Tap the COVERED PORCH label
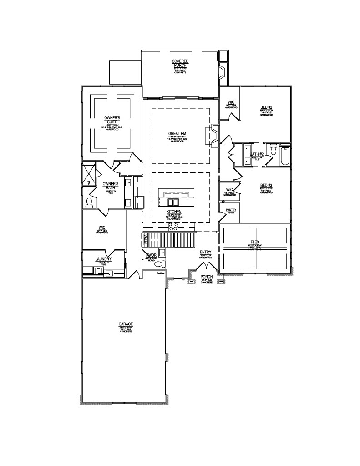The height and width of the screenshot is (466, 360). tap(180, 63)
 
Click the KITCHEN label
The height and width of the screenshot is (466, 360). tap(174, 212)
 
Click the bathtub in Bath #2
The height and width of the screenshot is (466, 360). tap(285, 156)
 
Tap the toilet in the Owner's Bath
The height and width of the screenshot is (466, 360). tap(89, 202)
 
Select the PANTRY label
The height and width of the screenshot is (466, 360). tap(231, 210)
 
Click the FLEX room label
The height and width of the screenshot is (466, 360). tap(255, 243)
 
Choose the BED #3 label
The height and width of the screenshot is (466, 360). tap(266, 185)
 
